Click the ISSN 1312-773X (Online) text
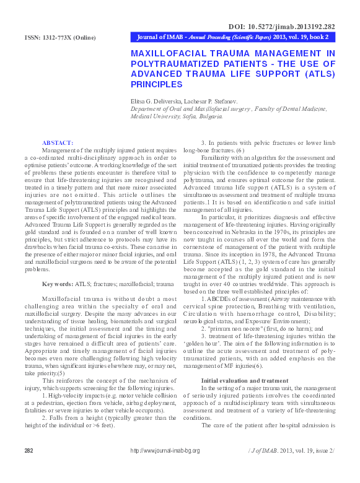click(x=60, y=38)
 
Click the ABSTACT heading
click(x=57, y=143)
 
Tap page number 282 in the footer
click(x=29, y=450)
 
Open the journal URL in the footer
click(x=165, y=451)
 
